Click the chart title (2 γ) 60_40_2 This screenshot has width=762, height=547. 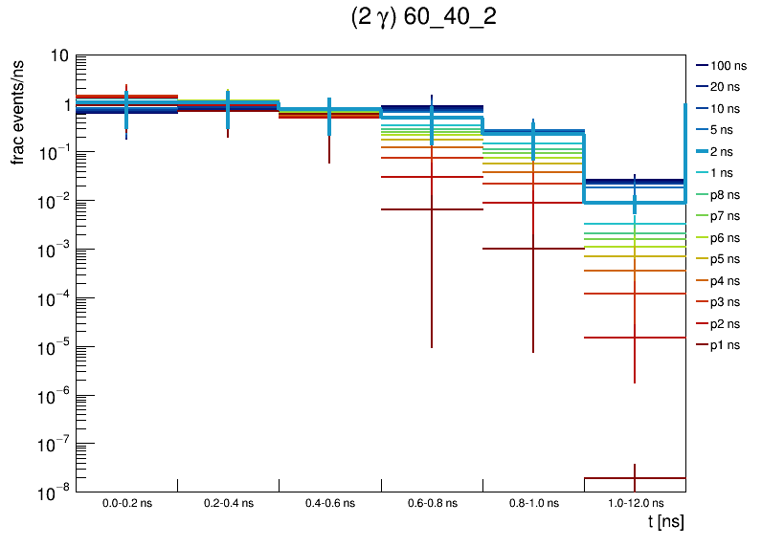coord(423,18)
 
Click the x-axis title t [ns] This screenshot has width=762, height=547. coord(665,522)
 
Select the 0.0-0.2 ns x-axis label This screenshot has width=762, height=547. coord(126,503)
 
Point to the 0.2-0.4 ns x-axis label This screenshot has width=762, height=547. coord(228,503)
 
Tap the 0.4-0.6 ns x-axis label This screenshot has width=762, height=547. coord(329,503)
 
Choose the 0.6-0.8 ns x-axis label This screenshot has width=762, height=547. coord(432,503)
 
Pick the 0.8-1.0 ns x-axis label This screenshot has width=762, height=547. coord(533,503)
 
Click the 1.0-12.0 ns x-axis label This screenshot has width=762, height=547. coord(635,503)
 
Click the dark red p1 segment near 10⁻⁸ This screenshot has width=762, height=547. coord(635,478)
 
